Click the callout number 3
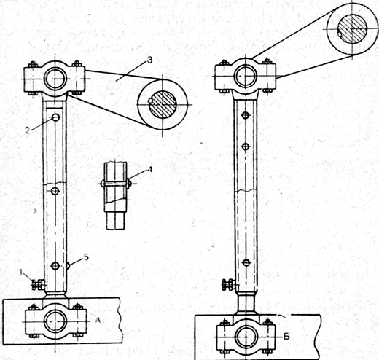[150, 60]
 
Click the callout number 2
[28, 130]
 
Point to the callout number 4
[149, 169]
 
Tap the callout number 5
[86, 257]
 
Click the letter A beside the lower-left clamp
[98, 321]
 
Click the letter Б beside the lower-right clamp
[286, 337]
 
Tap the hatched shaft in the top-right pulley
[353, 29]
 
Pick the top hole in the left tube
[55, 117]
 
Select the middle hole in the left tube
[55, 191]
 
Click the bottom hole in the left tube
[55, 266]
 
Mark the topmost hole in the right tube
[246, 115]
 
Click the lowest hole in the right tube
[246, 262]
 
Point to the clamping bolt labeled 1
[38, 284]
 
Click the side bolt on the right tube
[229, 284]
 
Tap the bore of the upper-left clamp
[55, 79]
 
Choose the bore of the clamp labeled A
[56, 321]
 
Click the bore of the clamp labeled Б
[246, 337]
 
